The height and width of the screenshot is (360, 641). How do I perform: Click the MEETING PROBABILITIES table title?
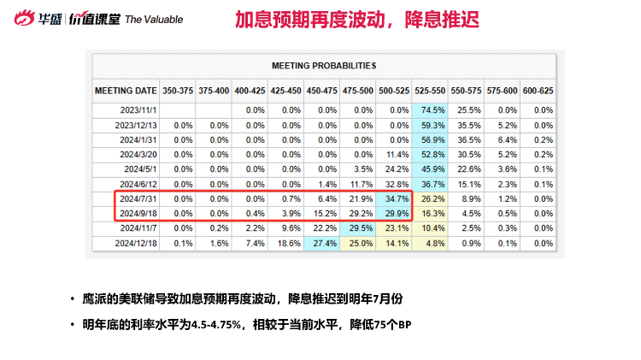[x=324, y=65]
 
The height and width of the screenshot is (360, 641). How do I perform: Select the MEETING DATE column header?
[x=125, y=90]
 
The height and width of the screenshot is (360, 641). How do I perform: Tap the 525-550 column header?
[x=429, y=90]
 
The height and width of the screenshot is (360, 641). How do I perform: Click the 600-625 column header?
[x=538, y=90]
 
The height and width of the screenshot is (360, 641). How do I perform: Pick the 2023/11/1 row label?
[x=137, y=109]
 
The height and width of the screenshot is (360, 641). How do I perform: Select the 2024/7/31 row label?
[x=137, y=198]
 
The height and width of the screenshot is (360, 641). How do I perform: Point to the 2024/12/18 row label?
[x=135, y=243]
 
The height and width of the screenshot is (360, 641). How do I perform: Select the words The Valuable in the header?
[x=155, y=19]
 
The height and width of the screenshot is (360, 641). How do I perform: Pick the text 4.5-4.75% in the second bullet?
[x=215, y=325]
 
